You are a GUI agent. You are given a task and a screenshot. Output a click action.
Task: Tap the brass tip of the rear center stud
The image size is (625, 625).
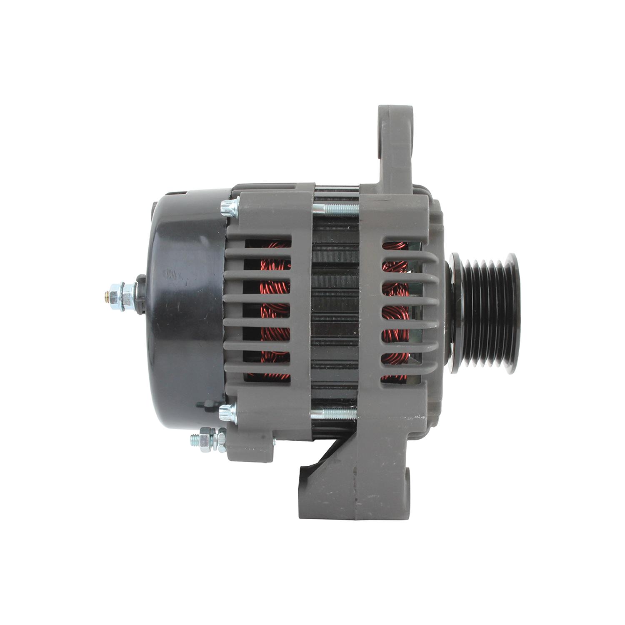[x=107, y=296]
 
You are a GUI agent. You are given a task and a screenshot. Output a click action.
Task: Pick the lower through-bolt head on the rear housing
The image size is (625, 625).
[x=227, y=413]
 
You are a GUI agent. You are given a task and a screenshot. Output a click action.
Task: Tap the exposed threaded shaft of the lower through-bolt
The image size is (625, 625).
[x=333, y=414]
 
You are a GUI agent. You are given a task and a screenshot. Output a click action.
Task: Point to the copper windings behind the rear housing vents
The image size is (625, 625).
[x=273, y=312]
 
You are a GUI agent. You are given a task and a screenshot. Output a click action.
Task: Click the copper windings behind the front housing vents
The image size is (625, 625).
[x=394, y=312]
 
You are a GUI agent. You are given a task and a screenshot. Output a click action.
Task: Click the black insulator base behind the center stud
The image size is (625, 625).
[x=140, y=294]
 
